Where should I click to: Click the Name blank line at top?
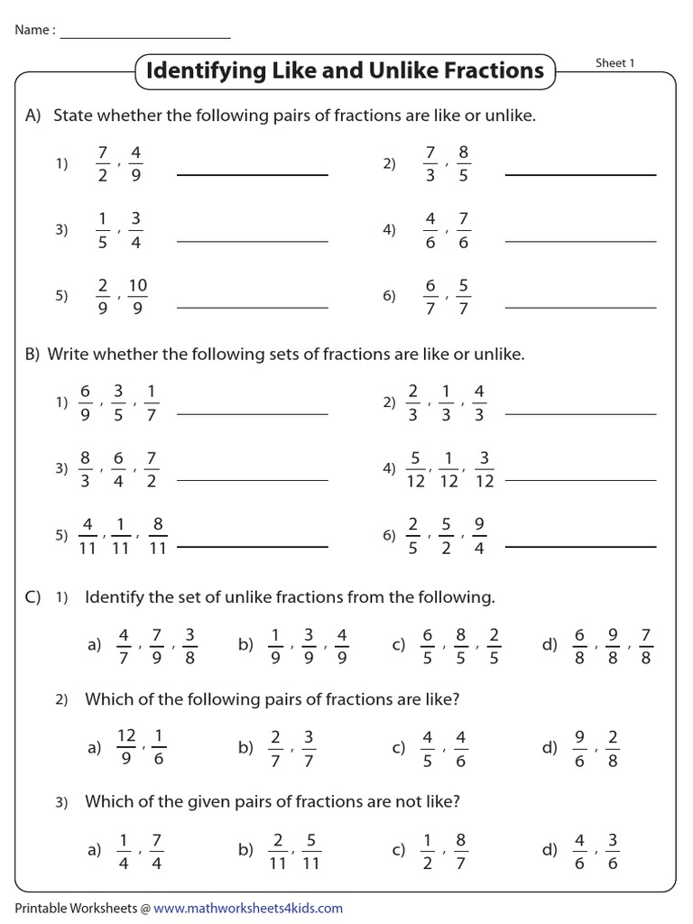[x=144, y=37]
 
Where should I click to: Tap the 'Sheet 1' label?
[x=615, y=62]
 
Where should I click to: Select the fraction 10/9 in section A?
[x=137, y=297]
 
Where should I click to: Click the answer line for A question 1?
[x=253, y=174]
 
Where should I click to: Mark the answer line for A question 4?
[x=580, y=241]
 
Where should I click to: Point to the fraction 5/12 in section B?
[x=415, y=469]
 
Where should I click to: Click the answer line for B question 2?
[x=580, y=414]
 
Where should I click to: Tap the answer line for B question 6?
[x=580, y=546]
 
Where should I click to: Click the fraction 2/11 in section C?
[x=278, y=851]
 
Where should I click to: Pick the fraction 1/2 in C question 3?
[x=429, y=851]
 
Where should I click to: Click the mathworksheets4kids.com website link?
[x=247, y=908]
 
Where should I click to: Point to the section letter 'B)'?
[x=33, y=355]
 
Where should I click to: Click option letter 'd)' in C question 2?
[x=550, y=748]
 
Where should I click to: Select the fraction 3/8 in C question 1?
[x=189, y=646]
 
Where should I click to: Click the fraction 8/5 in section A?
[x=463, y=163]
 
